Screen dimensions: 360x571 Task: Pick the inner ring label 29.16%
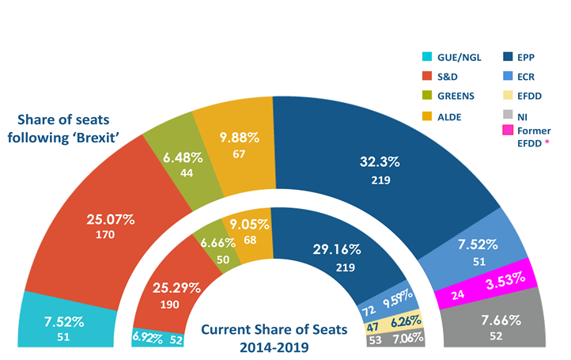[x=336, y=248]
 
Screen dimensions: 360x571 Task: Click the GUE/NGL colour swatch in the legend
[x=428, y=57]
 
